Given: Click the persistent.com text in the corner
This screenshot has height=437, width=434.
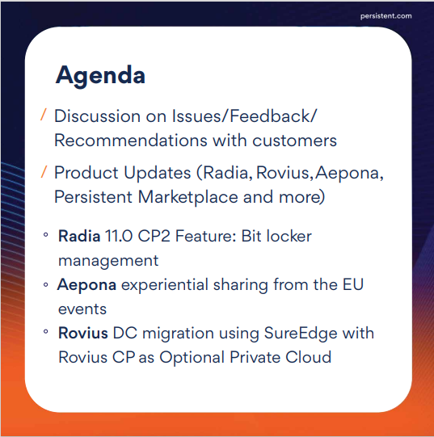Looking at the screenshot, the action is tap(386, 16).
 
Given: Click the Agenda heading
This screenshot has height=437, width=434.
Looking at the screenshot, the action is tap(100, 75).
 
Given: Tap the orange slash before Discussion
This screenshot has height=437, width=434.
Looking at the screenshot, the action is tap(43, 115).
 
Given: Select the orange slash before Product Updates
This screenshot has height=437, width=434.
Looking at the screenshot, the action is tap(44, 171).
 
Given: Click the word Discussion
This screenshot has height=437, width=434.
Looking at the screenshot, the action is tap(97, 116).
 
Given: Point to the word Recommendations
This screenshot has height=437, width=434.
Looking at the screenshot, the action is tap(131, 141).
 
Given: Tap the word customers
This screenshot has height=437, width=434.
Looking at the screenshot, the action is tap(294, 141).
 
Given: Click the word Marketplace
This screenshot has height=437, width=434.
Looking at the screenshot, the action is tap(188, 197).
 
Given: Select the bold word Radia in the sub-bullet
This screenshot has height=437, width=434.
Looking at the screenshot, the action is tap(79, 236).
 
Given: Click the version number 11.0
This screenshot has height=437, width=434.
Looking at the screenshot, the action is tap(119, 236).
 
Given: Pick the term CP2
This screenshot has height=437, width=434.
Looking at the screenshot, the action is tap(154, 236).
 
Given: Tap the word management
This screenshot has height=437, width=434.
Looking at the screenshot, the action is tap(108, 261).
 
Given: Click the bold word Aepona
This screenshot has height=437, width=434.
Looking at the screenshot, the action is tap(86, 285).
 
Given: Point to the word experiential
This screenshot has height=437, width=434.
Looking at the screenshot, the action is tap(165, 285).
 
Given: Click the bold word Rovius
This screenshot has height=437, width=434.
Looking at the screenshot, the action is tap(83, 333).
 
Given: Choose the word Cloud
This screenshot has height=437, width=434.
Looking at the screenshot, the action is tap(309, 357).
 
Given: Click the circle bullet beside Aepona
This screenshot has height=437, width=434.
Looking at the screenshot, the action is tap(46, 285).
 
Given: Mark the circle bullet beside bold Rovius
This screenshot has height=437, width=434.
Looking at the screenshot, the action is tap(46, 331).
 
